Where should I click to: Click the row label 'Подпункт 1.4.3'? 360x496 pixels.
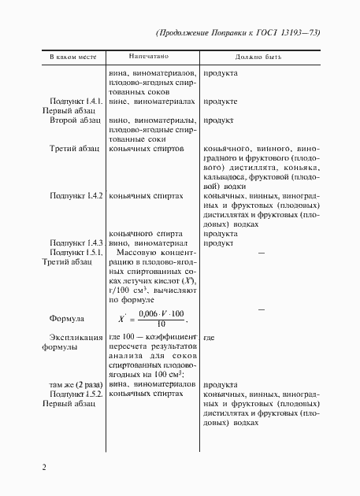click(76, 243)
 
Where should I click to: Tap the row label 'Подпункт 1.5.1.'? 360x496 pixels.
click(76, 253)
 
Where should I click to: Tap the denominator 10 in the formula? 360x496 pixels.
click(161, 324)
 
